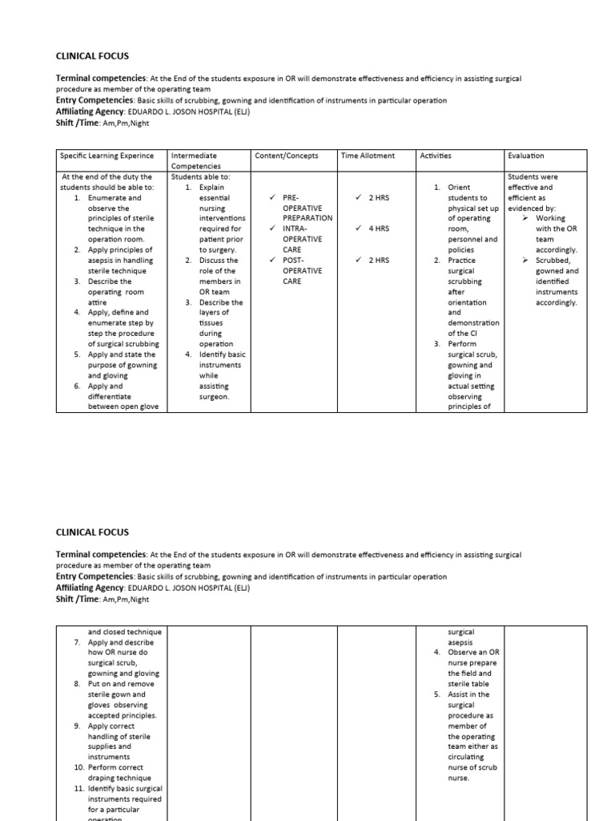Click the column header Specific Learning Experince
(106, 156)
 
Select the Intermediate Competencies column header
(195, 160)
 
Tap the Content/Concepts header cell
(286, 156)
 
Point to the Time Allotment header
(368, 156)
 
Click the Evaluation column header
(527, 156)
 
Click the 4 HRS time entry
(378, 229)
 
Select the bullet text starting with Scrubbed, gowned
(557, 281)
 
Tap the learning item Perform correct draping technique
(119, 773)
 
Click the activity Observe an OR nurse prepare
(473, 663)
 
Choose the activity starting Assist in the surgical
(472, 736)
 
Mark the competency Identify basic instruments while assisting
(222, 375)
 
